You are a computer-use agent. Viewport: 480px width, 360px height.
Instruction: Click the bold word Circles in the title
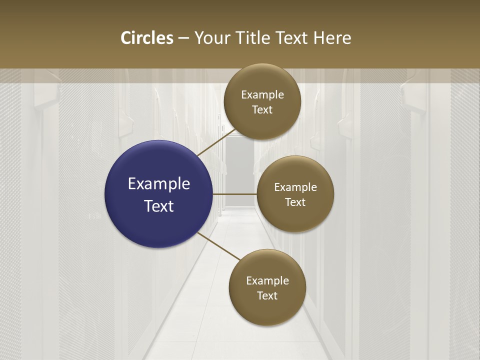click(147, 38)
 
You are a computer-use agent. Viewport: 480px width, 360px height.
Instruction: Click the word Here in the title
click(332, 38)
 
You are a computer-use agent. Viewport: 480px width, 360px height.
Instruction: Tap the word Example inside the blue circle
click(159, 184)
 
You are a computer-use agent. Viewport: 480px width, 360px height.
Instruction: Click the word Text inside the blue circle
click(159, 206)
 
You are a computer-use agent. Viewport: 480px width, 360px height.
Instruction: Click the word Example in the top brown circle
click(262, 95)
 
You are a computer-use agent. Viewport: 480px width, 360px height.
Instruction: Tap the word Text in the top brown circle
click(262, 110)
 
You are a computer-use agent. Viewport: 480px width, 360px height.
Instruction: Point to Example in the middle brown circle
click(295, 187)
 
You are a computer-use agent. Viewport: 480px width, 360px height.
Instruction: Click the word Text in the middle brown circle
click(295, 202)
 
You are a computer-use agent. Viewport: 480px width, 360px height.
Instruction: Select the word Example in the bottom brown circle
click(267, 281)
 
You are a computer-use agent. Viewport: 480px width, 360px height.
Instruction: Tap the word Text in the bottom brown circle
click(267, 296)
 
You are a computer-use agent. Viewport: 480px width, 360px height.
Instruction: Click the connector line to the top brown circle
click(217, 142)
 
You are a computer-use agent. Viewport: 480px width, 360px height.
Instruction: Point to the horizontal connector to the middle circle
click(235, 194)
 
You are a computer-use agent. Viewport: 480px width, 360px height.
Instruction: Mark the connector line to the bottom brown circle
click(219, 246)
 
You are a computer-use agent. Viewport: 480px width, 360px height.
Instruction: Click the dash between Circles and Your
click(183, 38)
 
